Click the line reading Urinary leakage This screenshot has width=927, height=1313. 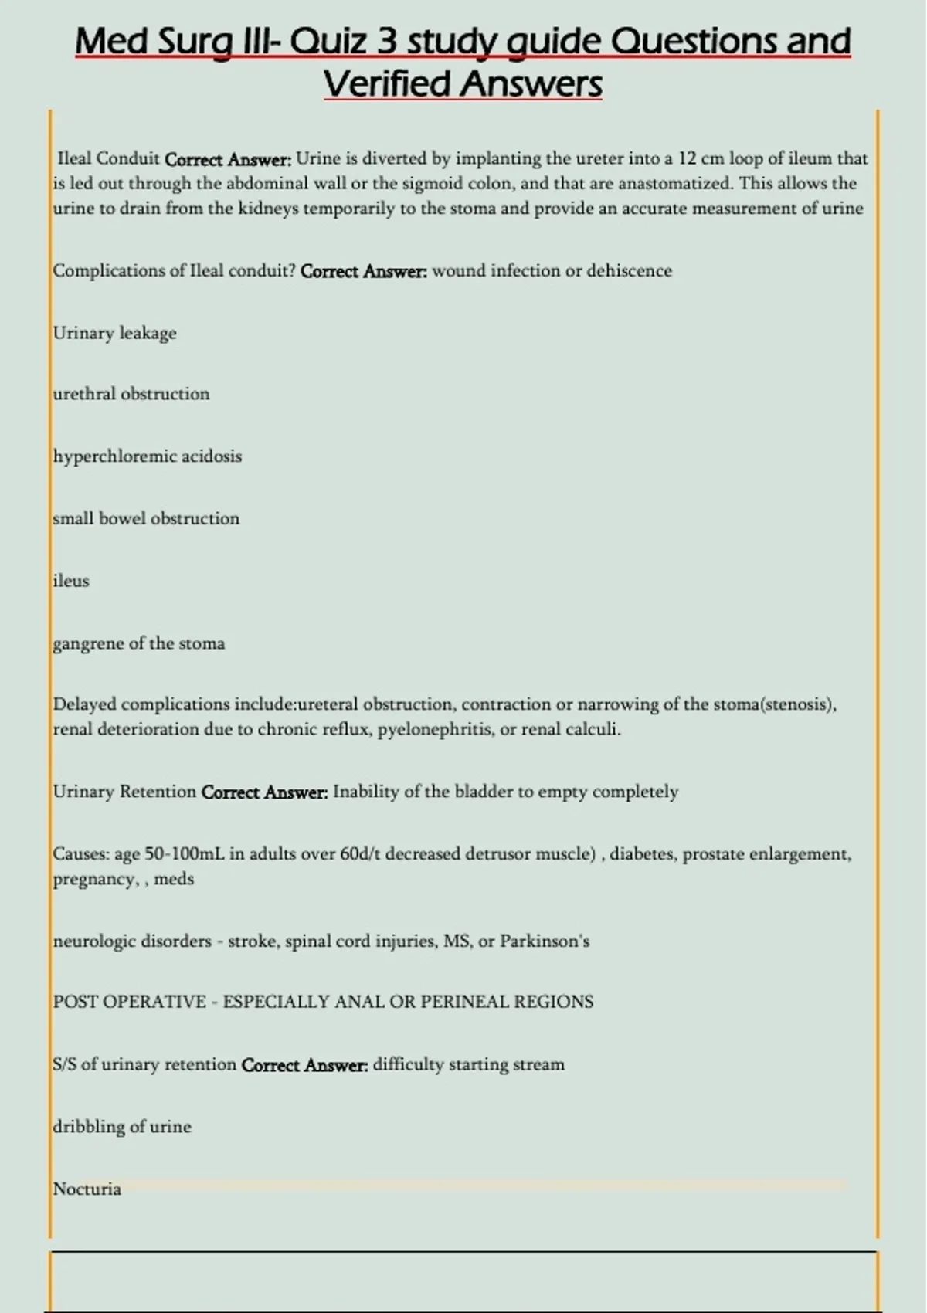[x=114, y=333]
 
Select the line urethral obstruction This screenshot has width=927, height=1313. [x=131, y=394]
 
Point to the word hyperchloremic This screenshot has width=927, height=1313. [x=114, y=456]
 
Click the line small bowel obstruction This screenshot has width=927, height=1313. [x=146, y=518]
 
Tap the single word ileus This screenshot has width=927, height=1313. [x=71, y=581]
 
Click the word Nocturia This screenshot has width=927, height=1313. [x=87, y=1189]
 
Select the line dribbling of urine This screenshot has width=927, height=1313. [x=122, y=1127]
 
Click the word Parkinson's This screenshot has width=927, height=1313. [x=545, y=941]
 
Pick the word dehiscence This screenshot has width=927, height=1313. [x=629, y=271]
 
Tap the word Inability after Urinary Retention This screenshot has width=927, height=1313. [x=365, y=792]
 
